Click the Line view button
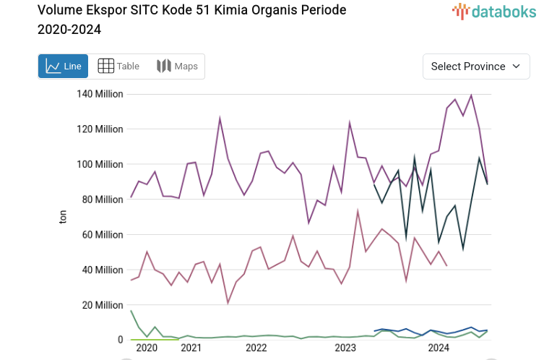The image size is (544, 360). pos(63,67)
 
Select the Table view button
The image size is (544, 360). pos(118,67)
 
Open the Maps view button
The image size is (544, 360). pos(177,67)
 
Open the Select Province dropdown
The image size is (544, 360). pos(475,67)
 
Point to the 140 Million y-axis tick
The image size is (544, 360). pos(100,94)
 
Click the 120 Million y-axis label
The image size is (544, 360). pos(100,129)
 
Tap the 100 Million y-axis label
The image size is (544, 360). pos(100,164)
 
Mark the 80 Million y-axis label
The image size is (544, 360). pos(103,200)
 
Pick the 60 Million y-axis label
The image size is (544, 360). pos(103,235)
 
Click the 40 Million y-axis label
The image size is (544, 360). pos(103,270)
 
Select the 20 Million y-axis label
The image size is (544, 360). pos(103,305)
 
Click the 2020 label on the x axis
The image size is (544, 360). pos(147,348)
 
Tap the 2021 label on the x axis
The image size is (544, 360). pos(191,348)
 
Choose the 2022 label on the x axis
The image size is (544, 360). pos(256,348)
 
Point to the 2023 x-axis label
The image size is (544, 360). pos(345,348)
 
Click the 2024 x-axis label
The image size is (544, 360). pos(439,348)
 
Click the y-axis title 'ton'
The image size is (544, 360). pos(63,217)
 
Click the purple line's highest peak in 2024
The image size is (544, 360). pos(471,95)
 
